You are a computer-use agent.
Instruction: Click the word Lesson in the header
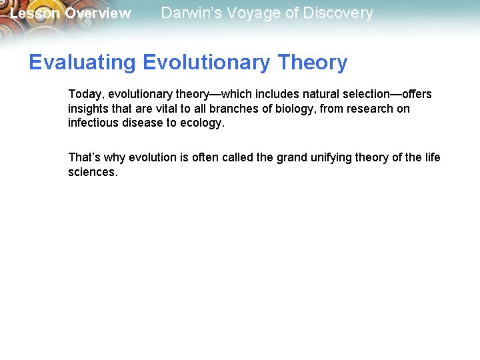click(35, 13)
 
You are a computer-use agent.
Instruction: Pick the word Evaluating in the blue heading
click(83, 63)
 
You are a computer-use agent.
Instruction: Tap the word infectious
click(92, 123)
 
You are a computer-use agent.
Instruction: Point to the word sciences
click(93, 172)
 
